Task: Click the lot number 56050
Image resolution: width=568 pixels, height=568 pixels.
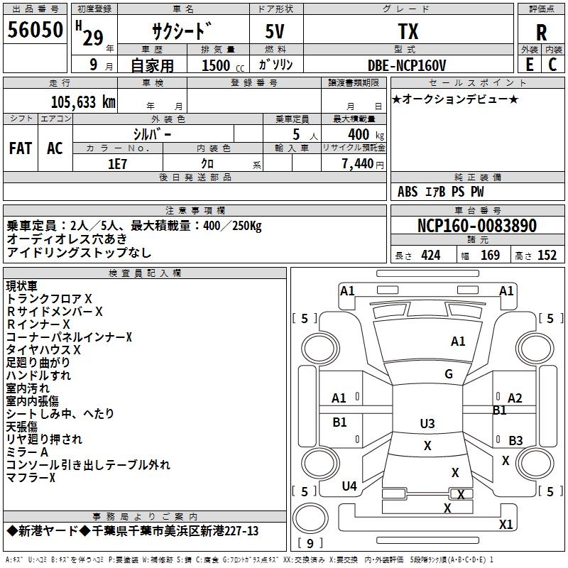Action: pyautogui.click(x=35, y=30)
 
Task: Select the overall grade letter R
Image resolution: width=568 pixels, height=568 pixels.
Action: pyautogui.click(x=541, y=33)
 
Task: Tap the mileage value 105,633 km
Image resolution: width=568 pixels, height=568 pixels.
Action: pyautogui.click(x=83, y=102)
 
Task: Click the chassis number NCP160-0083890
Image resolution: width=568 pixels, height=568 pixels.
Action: pyautogui.click(x=477, y=225)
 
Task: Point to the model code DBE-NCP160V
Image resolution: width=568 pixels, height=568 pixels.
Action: pyautogui.click(x=407, y=65)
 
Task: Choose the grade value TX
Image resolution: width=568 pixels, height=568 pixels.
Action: pyautogui.click(x=408, y=31)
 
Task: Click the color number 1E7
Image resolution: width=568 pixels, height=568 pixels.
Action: pyautogui.click(x=117, y=164)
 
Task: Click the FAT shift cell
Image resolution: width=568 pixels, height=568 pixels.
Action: pyautogui.click(x=21, y=148)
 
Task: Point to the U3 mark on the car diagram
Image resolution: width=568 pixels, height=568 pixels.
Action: pyautogui.click(x=427, y=423)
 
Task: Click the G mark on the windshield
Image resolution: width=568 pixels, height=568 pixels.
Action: pyautogui.click(x=449, y=374)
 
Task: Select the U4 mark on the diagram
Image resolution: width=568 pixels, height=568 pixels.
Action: pyautogui.click(x=349, y=486)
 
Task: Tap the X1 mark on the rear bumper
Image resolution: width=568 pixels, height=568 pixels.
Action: pyautogui.click(x=506, y=524)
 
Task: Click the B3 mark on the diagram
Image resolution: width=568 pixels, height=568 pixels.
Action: pyautogui.click(x=515, y=440)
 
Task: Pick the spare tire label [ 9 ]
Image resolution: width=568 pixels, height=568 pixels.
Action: pyautogui.click(x=310, y=543)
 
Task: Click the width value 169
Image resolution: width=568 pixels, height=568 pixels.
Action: pyautogui.click(x=490, y=256)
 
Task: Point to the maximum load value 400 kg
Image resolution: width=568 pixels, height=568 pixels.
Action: pyautogui.click(x=366, y=135)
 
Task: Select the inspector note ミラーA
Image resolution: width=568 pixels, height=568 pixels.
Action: pyautogui.click(x=27, y=452)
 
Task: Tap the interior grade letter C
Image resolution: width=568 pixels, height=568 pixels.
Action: pyautogui.click(x=552, y=65)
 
